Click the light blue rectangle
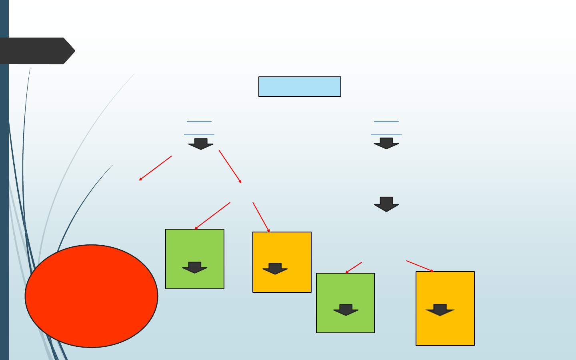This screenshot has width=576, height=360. [x=300, y=86]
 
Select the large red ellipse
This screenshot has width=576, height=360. [x=91, y=296]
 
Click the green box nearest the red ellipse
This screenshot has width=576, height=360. [x=195, y=248]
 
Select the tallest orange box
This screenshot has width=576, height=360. [x=445, y=288]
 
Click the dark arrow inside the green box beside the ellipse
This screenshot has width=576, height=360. [x=195, y=267]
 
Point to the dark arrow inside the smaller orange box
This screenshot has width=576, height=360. [x=275, y=268]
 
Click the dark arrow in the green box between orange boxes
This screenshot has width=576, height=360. [x=346, y=310]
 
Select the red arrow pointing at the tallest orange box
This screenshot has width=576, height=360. [x=420, y=266]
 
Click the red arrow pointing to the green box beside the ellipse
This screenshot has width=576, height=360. [x=212, y=216]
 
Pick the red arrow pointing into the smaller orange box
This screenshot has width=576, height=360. [x=261, y=217]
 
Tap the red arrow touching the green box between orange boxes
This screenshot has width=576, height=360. [x=354, y=268]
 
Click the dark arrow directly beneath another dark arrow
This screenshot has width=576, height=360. [x=386, y=204]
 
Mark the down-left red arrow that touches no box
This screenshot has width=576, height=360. [x=155, y=168]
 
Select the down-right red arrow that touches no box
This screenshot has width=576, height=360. [x=230, y=166]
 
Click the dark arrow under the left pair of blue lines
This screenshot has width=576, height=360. [x=201, y=144]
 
